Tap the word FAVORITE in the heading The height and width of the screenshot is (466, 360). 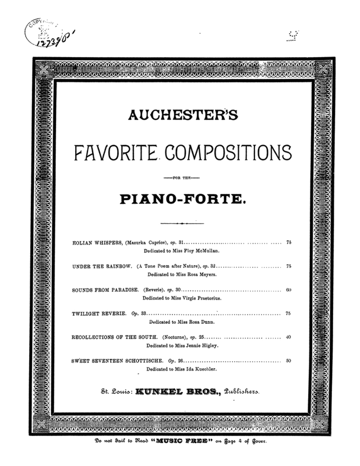(117, 154)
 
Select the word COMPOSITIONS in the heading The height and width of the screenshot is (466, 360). (230, 154)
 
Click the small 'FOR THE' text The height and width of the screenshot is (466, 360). (182, 175)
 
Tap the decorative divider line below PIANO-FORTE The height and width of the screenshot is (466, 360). (182, 223)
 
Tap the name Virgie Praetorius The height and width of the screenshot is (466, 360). (202, 298)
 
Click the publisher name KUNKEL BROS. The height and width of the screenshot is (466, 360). (169, 393)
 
